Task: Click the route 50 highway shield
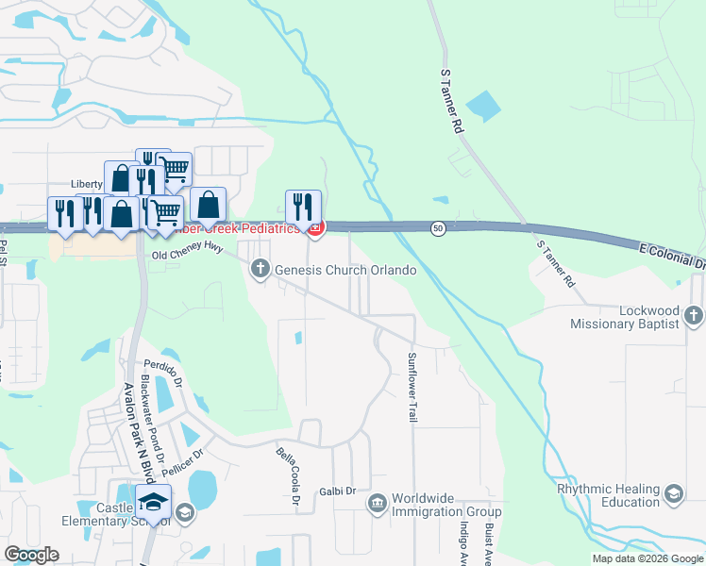click(438, 228)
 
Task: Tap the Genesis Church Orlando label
click(345, 271)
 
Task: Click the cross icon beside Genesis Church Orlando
click(261, 271)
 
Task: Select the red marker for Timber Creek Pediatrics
click(315, 227)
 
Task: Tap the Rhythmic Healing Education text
click(607, 496)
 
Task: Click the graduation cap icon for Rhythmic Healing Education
click(673, 493)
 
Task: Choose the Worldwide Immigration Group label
click(446, 505)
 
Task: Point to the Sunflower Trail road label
click(412, 387)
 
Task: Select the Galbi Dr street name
click(336, 491)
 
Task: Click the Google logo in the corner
click(31, 555)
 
